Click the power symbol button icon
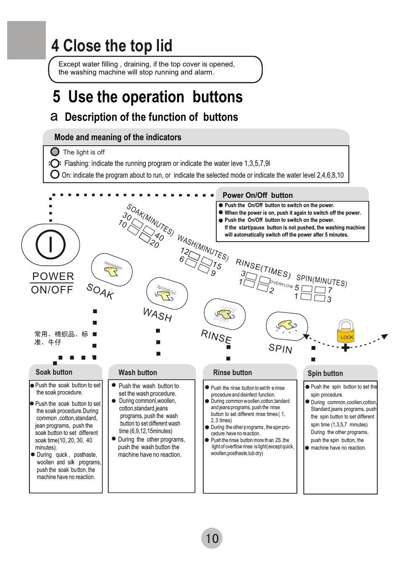pos(50,245)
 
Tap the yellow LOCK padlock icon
pos(346,332)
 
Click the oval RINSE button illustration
pos(224,314)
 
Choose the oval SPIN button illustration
pos(287,327)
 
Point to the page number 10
pos(212,538)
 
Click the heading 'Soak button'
pos(54,372)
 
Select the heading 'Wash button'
pos(137,373)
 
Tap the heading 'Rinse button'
pos(232,373)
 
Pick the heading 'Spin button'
pos(325,373)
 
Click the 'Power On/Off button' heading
pos(258,195)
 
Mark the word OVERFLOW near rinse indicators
pos(281,284)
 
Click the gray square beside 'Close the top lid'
pos(26,40)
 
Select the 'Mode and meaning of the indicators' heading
pos(118,137)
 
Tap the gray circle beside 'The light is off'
pos(55,152)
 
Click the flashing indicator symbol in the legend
pos(55,163)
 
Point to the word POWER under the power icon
pos(53,276)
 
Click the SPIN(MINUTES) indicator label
pos(322,280)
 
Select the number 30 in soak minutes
pos(127,217)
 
